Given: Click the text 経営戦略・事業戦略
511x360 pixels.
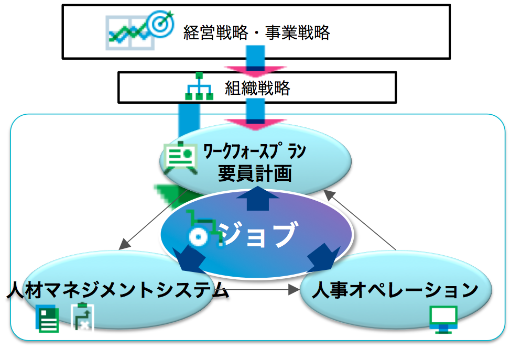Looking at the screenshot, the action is (257, 32).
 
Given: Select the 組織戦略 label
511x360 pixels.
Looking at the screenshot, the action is (257, 88).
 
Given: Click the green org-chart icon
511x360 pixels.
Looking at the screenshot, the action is (199, 86).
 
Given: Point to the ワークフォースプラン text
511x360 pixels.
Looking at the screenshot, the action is (255, 151).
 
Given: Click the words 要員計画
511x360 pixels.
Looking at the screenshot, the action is (255, 173).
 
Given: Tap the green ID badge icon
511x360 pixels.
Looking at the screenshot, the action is (180, 157).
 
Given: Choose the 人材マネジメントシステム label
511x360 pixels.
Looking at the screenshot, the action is (117, 290).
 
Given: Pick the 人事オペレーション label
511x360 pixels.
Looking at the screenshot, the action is (395, 290).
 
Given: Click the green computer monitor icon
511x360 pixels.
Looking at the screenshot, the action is (443, 319).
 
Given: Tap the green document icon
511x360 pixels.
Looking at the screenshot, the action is (47, 319).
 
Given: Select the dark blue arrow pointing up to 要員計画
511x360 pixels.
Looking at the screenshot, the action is (257, 198).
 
